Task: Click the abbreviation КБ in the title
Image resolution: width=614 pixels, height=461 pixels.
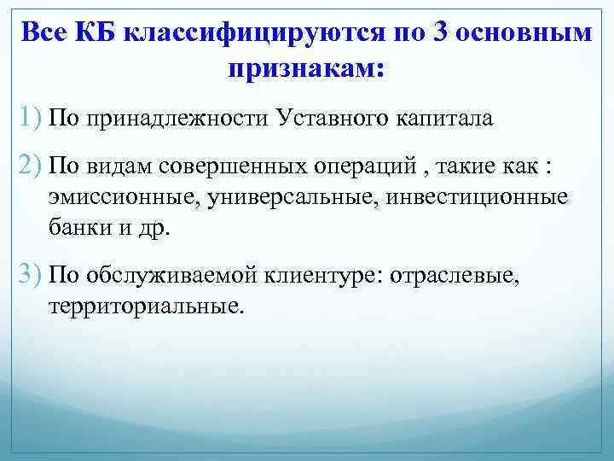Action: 96,33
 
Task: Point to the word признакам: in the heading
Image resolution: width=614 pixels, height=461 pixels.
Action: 306,69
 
